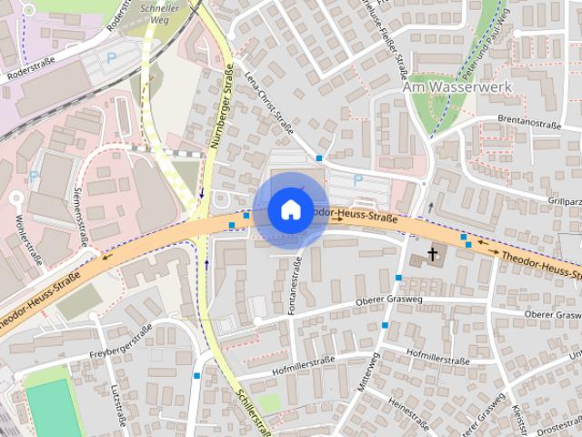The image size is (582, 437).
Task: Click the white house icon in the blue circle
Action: point(290,209)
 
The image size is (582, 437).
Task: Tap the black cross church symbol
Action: point(433,255)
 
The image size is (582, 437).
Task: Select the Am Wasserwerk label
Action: point(457,87)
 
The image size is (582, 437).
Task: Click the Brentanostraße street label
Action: point(527,121)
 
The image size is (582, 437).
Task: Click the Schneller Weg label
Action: point(160,11)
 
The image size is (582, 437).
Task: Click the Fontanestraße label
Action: point(295,286)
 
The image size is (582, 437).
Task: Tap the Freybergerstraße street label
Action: point(119,345)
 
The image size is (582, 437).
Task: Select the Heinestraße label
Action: point(409,406)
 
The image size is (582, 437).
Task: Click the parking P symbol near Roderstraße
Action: point(111,56)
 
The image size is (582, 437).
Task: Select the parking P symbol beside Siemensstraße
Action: point(34,176)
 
